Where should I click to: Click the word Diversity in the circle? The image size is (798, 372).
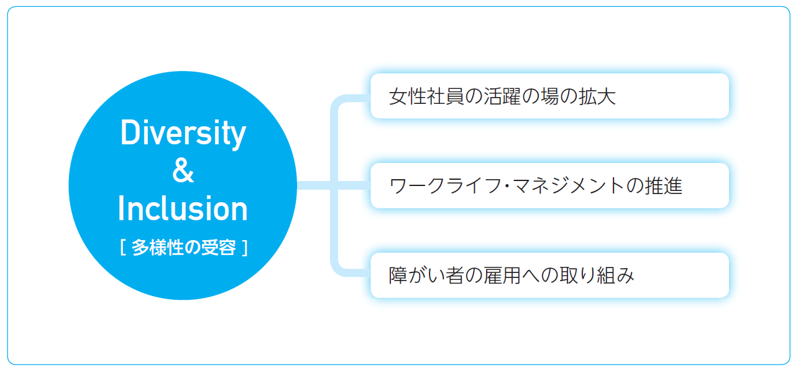pos(183,134)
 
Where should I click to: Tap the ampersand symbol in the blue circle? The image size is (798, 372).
pos(183,171)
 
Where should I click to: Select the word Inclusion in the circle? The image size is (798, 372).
pos(183,209)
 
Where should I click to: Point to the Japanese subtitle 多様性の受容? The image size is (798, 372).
pos(184,248)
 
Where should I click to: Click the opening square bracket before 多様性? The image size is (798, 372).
pos(123,248)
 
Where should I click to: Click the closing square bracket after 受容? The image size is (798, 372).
pos(245,248)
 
